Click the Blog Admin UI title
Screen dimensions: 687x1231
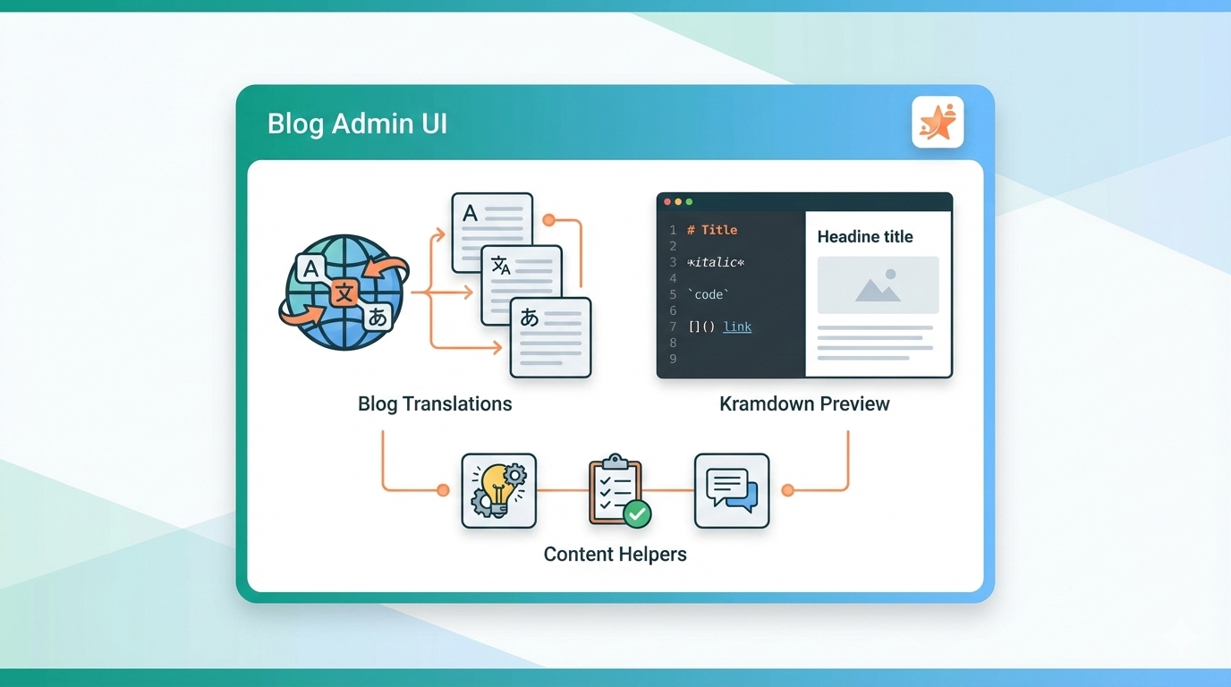pyautogui.click(x=357, y=123)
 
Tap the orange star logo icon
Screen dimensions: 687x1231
pyautogui.click(x=938, y=122)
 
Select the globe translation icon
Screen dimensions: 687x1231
pyautogui.click(x=344, y=292)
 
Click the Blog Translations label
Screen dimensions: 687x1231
pyautogui.click(x=435, y=403)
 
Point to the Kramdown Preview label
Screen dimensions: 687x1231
pyautogui.click(x=804, y=403)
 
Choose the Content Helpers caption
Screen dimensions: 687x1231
pyautogui.click(x=615, y=554)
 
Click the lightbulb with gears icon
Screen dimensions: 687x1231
pyautogui.click(x=498, y=490)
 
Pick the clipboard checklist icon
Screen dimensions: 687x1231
pyautogui.click(x=615, y=489)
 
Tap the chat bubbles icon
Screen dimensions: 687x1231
pyautogui.click(x=732, y=490)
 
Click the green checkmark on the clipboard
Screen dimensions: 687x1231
pyautogui.click(x=637, y=513)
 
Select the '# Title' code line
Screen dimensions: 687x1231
pyautogui.click(x=712, y=230)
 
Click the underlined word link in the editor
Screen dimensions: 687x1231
pyautogui.click(x=737, y=327)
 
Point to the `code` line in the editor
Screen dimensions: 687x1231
pyautogui.click(x=709, y=294)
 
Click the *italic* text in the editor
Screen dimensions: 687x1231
pyautogui.click(x=716, y=262)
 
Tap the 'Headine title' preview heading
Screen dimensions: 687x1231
pyautogui.click(x=865, y=237)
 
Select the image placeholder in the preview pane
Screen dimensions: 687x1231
pyautogui.click(x=878, y=285)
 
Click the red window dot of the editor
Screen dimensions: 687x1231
pyautogui.click(x=667, y=202)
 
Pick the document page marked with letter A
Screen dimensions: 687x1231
pyautogui.click(x=491, y=231)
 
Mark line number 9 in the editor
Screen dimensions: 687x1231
pyautogui.click(x=673, y=359)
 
